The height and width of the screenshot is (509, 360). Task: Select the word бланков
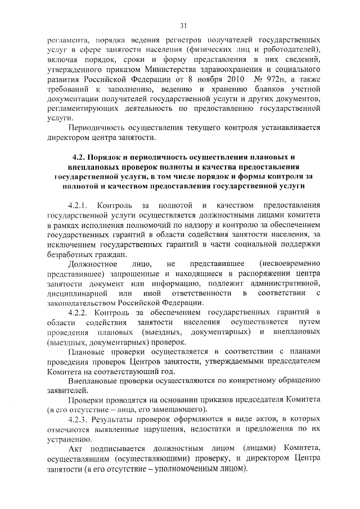click(255, 88)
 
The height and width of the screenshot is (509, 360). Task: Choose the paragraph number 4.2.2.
click(77, 312)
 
